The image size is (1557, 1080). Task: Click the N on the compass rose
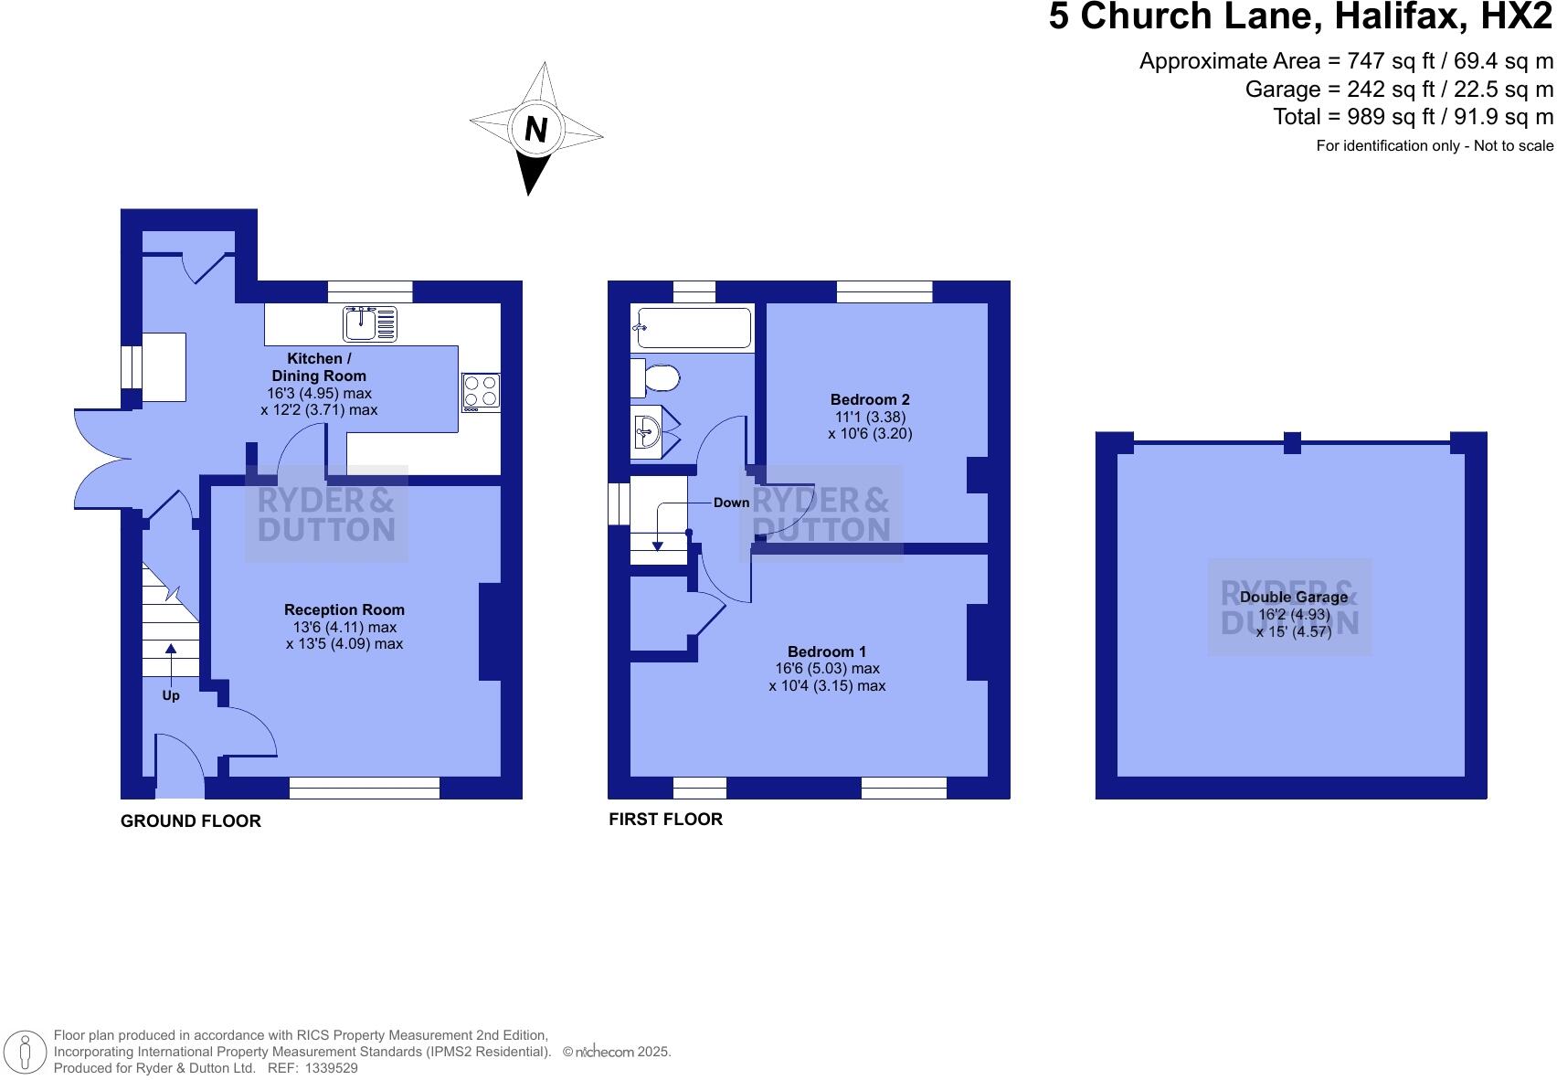pyautogui.click(x=536, y=130)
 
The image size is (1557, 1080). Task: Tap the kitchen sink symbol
pyautogui.click(x=370, y=323)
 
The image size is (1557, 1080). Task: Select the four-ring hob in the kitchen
pyautogui.click(x=482, y=391)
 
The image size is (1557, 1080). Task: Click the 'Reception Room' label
pyautogui.click(x=344, y=609)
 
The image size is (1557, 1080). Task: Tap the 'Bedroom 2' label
pyautogui.click(x=870, y=399)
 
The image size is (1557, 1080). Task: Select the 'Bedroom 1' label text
pyautogui.click(x=827, y=651)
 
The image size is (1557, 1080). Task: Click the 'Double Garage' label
pyautogui.click(x=1293, y=597)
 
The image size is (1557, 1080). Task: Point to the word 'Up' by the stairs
pyautogui.click(x=171, y=695)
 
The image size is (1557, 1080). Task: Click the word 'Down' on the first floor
pyautogui.click(x=731, y=503)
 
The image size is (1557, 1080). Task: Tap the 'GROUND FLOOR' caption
pyautogui.click(x=191, y=821)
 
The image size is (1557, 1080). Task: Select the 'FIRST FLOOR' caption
pyautogui.click(x=665, y=820)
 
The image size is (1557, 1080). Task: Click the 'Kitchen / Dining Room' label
pyautogui.click(x=319, y=366)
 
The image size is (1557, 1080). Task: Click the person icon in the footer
pyautogui.click(x=26, y=1052)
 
